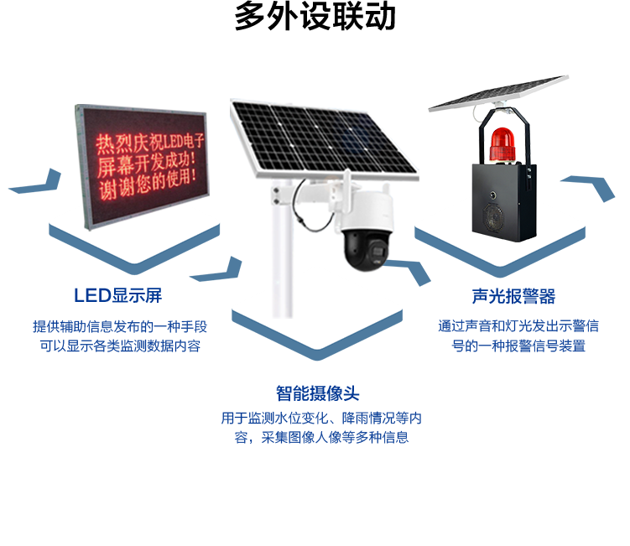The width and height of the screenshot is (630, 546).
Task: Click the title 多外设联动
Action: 315,18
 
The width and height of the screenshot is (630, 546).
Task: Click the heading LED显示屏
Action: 117,295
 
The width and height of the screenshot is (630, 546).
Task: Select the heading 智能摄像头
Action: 317,393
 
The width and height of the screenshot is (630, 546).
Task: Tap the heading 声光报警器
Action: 513,297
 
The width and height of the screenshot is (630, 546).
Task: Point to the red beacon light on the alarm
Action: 501,143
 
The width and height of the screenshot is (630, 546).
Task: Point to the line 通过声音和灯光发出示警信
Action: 518,327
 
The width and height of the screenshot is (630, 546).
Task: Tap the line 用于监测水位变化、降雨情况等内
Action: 320,419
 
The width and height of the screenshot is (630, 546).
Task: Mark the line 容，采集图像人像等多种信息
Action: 321,437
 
